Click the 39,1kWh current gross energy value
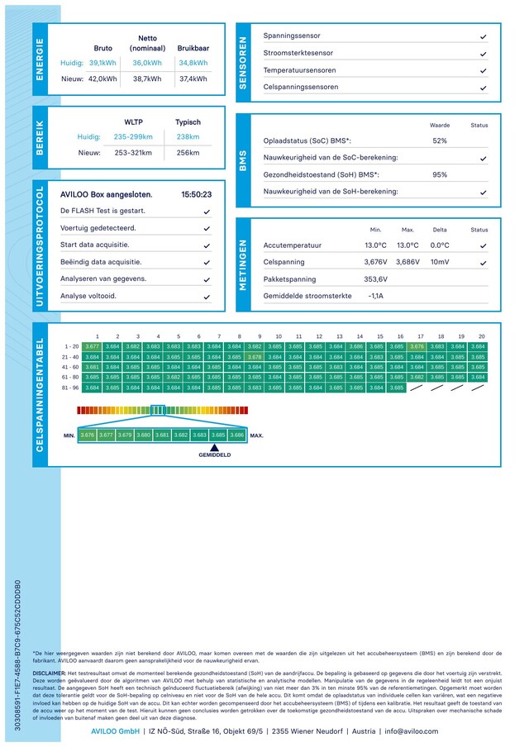point(102,63)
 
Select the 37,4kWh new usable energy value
point(193,79)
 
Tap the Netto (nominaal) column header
point(147,43)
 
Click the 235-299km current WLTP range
point(133,136)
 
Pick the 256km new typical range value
point(188,153)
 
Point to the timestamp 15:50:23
point(196,195)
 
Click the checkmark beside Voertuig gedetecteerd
point(207,228)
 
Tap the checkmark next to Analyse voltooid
point(207,296)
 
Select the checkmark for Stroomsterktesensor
point(483,54)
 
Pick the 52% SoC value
point(440,140)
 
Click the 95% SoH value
point(440,174)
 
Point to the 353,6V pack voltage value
point(375,278)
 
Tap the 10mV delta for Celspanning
point(440,262)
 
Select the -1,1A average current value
point(375,295)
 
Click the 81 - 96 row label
point(71,387)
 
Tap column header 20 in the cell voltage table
point(481,336)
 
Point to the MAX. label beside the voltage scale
point(257,435)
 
